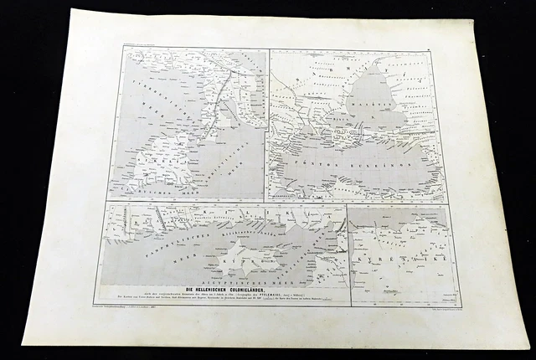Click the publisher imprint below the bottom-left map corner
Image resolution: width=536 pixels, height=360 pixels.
point(126,309)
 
